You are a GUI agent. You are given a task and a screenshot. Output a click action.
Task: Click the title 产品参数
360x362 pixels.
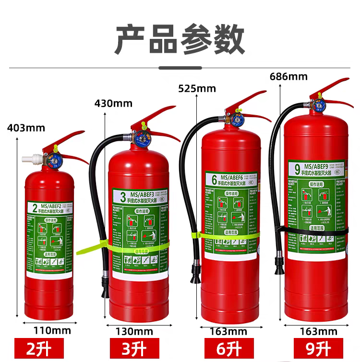point(180,40)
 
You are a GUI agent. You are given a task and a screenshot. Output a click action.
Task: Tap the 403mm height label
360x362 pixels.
point(26,128)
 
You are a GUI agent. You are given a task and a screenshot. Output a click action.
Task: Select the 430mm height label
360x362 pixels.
point(113,103)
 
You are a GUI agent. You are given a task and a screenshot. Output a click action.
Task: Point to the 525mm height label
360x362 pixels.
point(197,88)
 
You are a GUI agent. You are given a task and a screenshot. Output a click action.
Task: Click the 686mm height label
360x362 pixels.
point(288,76)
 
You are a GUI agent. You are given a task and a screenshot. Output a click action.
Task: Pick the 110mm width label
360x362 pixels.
point(52,330)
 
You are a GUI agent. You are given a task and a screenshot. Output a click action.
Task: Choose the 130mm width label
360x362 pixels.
point(134,331)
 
